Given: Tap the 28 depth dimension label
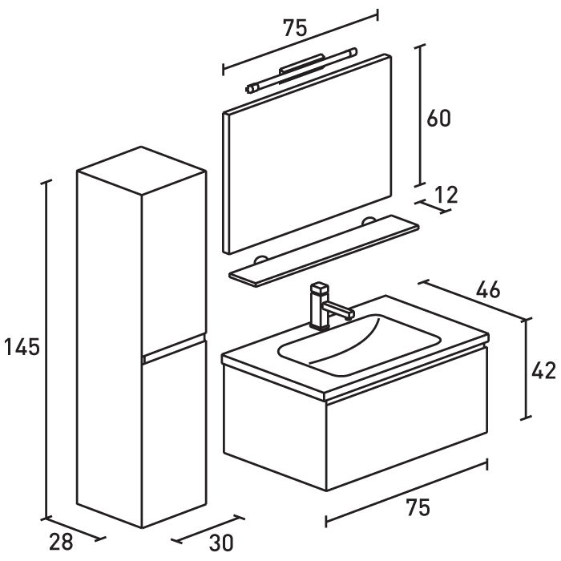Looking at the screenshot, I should point(62,543).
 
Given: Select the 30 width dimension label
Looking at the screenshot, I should point(221,543).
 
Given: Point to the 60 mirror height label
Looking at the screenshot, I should point(438,118).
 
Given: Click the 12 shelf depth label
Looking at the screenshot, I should point(446,194).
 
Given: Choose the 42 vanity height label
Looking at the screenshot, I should point(544,370).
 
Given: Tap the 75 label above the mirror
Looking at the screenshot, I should point(294,28).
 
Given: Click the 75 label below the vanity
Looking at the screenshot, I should point(418,507).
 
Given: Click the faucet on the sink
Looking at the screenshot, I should point(324,305).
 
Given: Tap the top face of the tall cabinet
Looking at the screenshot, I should point(141,170).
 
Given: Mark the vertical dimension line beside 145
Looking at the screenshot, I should point(47,348).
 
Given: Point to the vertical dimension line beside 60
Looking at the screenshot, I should point(418,115).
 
